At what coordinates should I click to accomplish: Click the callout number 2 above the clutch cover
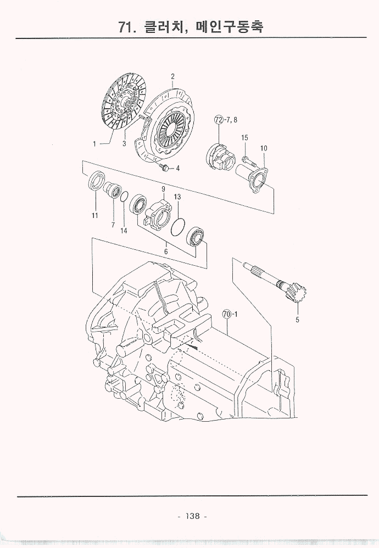[x=172, y=76]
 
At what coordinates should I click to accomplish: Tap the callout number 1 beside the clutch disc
[x=94, y=144]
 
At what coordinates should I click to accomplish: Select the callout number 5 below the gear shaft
[x=298, y=320]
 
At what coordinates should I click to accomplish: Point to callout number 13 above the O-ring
[x=177, y=197]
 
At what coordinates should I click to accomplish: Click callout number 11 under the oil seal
[x=94, y=216]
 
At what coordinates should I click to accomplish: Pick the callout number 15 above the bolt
[x=245, y=138]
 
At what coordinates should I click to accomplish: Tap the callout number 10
[x=264, y=148]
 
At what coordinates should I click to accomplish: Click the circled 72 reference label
[x=219, y=120]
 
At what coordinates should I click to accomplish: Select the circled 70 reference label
[x=227, y=314]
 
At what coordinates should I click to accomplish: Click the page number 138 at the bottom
[x=193, y=516]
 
